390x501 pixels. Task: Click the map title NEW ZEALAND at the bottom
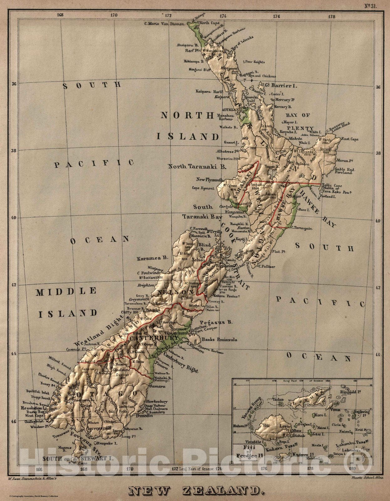click(x=195, y=490)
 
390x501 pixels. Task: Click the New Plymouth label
click(x=210, y=180)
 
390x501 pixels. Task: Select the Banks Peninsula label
click(x=219, y=339)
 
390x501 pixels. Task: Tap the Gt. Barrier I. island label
click(x=281, y=85)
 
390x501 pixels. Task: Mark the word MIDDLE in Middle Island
click(x=66, y=292)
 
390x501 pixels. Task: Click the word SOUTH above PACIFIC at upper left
click(x=92, y=85)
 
